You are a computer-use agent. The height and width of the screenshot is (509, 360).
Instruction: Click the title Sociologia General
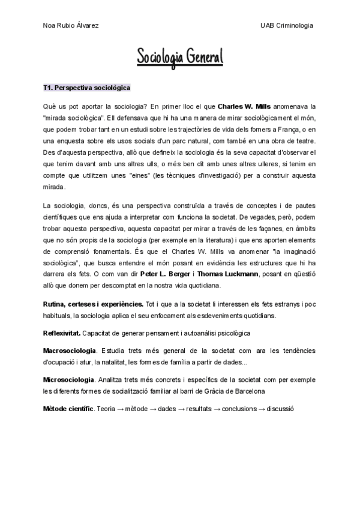click(x=180, y=58)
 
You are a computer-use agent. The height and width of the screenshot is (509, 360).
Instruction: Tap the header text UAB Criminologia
click(x=286, y=26)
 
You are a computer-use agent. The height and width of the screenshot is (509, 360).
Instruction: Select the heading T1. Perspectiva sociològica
click(x=87, y=88)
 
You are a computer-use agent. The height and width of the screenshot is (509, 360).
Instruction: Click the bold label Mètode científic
click(x=68, y=408)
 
